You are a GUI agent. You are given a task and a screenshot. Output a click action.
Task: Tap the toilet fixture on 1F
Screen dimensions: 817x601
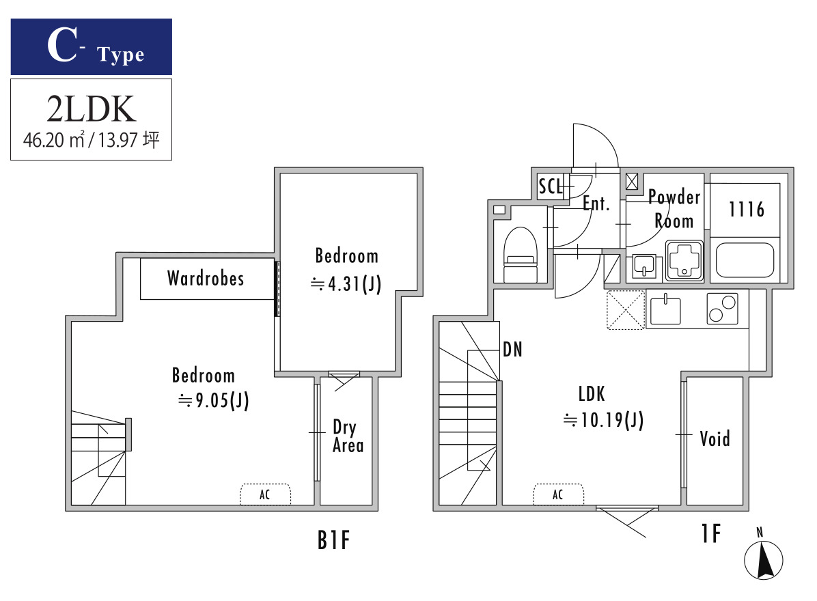pyautogui.click(x=520, y=254)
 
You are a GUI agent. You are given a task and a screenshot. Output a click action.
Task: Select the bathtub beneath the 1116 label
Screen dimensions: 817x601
pyautogui.click(x=745, y=260)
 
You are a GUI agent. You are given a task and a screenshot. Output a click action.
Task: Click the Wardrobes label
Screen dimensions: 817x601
pyautogui.click(x=206, y=278)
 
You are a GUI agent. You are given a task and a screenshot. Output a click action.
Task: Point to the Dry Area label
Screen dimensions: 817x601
pyautogui.click(x=348, y=436)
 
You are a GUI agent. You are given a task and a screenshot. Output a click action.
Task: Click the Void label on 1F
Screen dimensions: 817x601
pyautogui.click(x=715, y=438)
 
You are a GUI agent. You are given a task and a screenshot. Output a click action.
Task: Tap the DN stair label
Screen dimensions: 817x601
pyautogui.click(x=513, y=350)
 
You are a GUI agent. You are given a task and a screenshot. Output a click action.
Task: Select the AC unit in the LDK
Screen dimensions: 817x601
pyautogui.click(x=558, y=494)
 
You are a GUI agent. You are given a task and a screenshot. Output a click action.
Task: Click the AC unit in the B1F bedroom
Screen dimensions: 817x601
pyautogui.click(x=265, y=494)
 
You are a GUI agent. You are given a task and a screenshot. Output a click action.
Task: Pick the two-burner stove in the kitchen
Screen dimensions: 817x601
pyautogui.click(x=722, y=309)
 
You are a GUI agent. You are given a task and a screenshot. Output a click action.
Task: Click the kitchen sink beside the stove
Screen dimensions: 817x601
pyautogui.click(x=665, y=310)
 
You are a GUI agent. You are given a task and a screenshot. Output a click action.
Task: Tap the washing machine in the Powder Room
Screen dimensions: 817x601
pyautogui.click(x=684, y=260)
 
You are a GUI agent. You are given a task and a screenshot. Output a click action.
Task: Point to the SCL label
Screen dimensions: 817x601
pyautogui.click(x=550, y=186)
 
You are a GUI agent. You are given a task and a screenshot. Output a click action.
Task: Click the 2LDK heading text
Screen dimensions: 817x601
pyautogui.click(x=91, y=109)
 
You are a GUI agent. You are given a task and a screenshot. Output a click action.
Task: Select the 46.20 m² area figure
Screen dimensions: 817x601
pyautogui.click(x=54, y=139)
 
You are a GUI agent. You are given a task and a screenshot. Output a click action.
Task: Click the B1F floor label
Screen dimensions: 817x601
pyautogui.click(x=333, y=540)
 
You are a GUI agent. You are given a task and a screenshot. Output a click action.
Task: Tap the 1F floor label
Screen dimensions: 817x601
pyautogui.click(x=710, y=533)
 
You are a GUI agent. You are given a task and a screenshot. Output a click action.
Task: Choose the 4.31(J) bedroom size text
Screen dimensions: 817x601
pyautogui.click(x=346, y=284)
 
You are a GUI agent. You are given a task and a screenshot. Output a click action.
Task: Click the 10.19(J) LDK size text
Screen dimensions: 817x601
pyautogui.click(x=603, y=419)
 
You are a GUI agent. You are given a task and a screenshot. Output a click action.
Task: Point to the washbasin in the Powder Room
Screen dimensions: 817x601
pyautogui.click(x=644, y=266)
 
